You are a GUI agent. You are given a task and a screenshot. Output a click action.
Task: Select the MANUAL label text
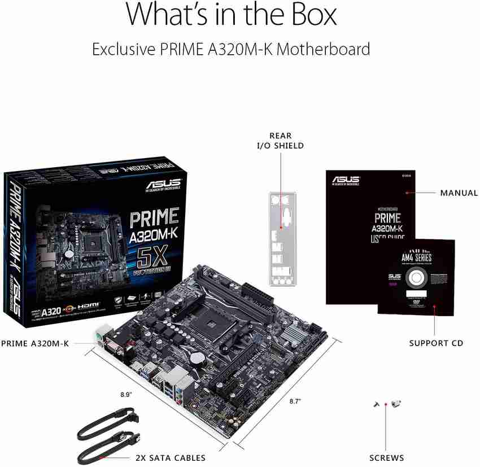tap(459, 193)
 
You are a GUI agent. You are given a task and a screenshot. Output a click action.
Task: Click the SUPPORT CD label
tap(436, 343)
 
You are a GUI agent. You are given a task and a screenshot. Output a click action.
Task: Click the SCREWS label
tap(387, 457)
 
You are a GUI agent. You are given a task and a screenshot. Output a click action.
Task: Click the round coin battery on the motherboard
tap(195, 357)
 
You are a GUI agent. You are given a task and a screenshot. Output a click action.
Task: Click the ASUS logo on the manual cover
tap(346, 180)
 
